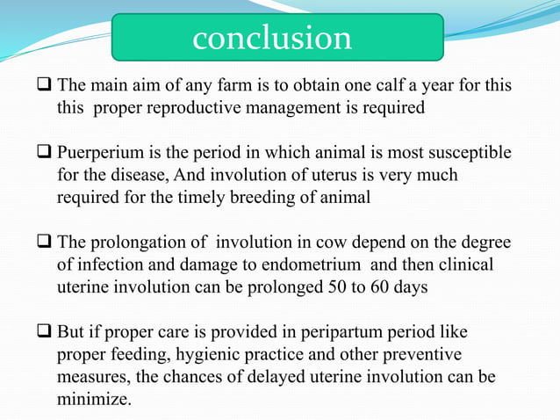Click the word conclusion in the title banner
click(x=272, y=38)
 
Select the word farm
click(x=232, y=87)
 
